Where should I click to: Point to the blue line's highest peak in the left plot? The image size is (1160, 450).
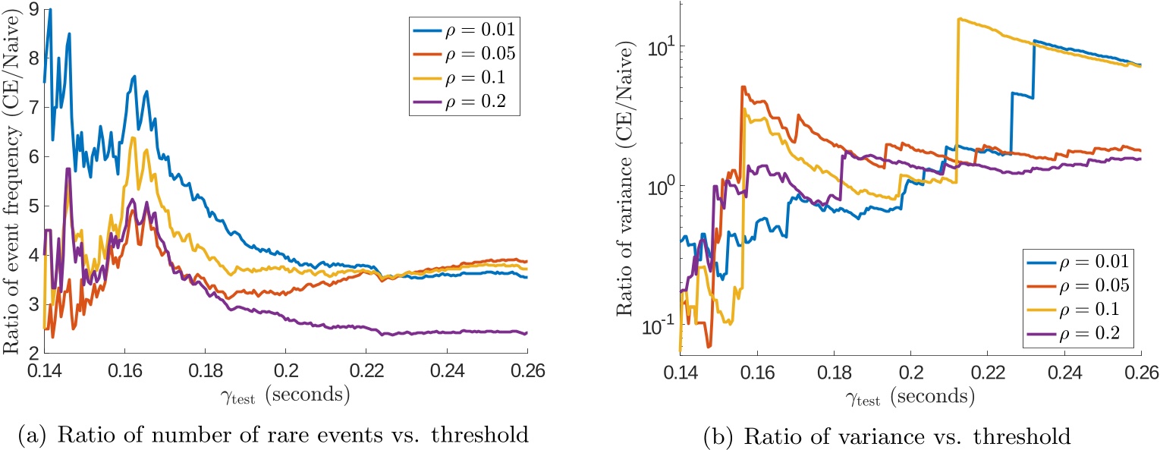pos(50,9)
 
